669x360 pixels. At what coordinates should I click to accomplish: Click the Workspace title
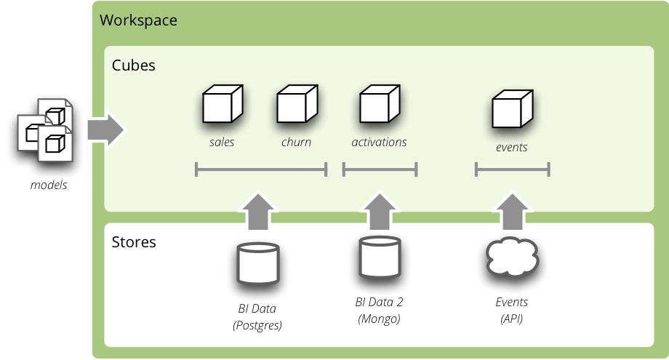point(138,20)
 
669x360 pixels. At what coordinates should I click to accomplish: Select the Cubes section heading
point(133,65)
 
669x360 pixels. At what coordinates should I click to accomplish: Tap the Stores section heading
point(134,241)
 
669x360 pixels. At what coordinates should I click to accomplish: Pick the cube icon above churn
point(297,104)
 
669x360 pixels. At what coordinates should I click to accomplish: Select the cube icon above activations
point(380,104)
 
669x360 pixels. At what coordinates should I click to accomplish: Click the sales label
point(222,143)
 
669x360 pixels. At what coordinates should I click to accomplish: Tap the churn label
point(296,143)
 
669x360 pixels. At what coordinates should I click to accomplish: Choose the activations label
point(379,143)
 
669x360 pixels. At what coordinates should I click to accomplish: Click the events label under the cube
point(511,148)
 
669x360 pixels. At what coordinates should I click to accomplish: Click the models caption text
point(49,185)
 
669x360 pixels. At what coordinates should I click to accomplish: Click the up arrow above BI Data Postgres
point(257,212)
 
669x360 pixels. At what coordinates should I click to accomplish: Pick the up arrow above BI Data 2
point(380,212)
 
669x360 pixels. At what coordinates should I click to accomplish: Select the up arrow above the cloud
point(512,212)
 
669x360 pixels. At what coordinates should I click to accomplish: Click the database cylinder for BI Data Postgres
point(257,263)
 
